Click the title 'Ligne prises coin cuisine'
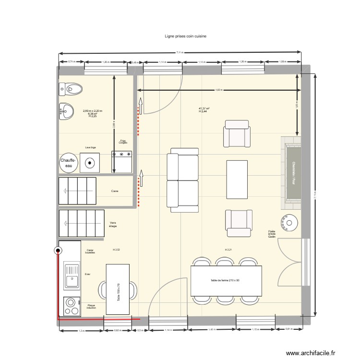(185, 36)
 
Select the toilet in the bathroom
(71, 89)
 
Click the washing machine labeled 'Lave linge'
(90, 162)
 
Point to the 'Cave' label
(115, 191)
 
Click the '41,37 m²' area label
(204, 108)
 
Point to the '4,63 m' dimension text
(218, 90)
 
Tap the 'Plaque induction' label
(91, 306)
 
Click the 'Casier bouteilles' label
(90, 251)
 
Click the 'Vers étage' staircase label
(113, 224)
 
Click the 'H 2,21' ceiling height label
(228, 250)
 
